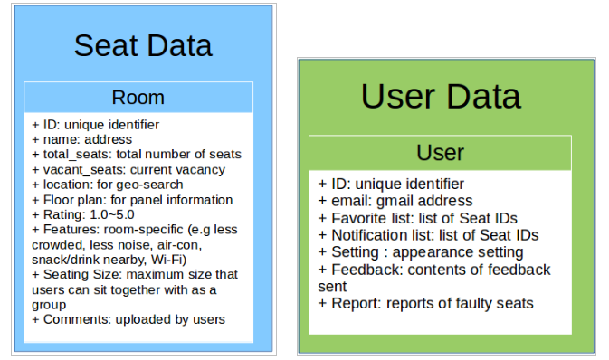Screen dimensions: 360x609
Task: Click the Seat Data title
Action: point(142,46)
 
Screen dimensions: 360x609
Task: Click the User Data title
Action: point(440,97)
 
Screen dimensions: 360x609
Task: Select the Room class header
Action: point(138,97)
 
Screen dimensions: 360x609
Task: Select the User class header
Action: point(440,153)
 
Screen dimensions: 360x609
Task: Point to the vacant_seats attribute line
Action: point(128,170)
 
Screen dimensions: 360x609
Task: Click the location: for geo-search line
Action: point(119,185)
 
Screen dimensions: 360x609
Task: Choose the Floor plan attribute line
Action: point(132,200)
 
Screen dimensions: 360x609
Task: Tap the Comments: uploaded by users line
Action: point(128,318)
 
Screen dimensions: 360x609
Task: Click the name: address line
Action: point(81,140)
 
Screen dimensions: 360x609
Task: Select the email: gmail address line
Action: point(395,201)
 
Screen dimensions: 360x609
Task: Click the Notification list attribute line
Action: point(428,235)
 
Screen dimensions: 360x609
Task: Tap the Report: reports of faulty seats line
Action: point(425,303)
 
